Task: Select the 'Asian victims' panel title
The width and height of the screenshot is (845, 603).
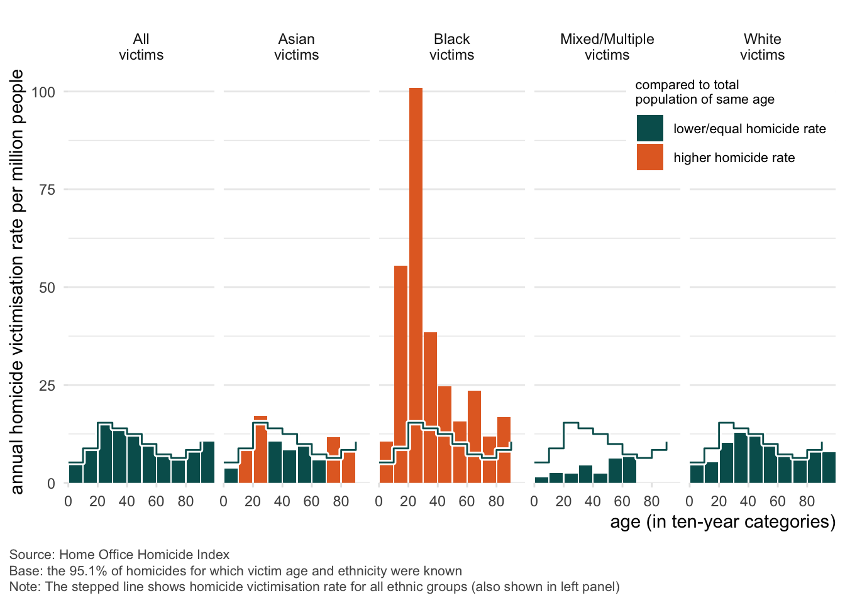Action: click(x=296, y=47)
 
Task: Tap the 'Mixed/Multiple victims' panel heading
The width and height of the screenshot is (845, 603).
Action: click(x=607, y=47)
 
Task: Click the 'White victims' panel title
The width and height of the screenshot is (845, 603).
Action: click(x=762, y=47)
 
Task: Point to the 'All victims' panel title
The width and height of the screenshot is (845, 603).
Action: click(x=141, y=47)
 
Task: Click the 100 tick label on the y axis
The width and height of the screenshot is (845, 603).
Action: click(x=43, y=92)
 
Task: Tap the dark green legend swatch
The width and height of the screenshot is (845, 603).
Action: click(x=649, y=128)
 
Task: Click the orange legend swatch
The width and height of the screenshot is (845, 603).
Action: click(x=649, y=157)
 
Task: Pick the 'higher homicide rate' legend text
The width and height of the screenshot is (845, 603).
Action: click(x=734, y=158)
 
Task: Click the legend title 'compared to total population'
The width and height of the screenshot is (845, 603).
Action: click(x=704, y=92)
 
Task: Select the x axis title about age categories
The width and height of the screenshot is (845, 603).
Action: click(x=722, y=522)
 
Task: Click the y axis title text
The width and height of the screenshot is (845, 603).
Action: click(x=17, y=281)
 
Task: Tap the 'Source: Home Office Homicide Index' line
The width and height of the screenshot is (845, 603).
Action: click(x=119, y=555)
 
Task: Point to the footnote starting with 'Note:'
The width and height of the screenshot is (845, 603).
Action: click(x=314, y=587)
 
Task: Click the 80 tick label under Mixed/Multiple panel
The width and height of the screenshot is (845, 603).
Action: click(x=651, y=501)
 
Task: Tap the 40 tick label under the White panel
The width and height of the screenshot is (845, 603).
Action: click(x=748, y=501)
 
